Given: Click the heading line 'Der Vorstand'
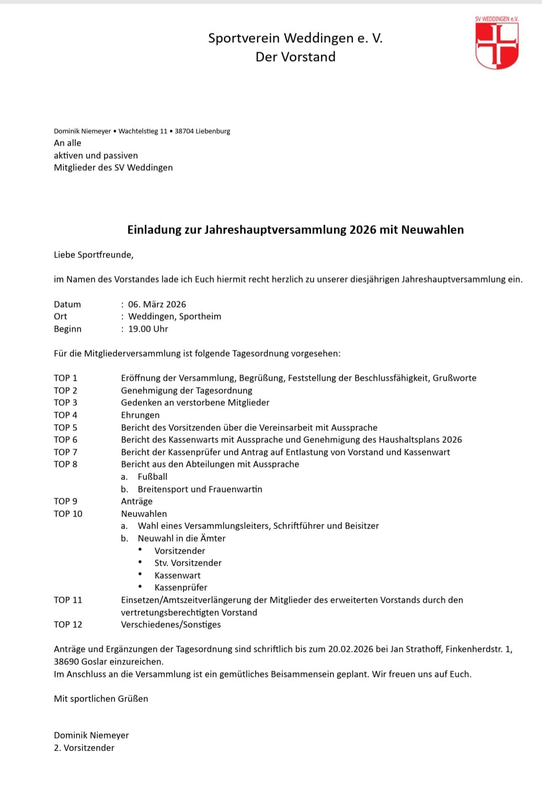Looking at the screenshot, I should tap(295, 57).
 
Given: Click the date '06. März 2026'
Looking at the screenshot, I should tap(157, 304).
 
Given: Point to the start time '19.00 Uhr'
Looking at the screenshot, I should tap(148, 329).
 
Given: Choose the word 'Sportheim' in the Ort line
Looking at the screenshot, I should tap(200, 316).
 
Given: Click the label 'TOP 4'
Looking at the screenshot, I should tap(65, 415).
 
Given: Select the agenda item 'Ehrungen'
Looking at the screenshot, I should tap(140, 415).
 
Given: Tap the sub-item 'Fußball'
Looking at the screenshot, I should tap(153, 477).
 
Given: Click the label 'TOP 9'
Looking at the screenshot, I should tap(65, 501).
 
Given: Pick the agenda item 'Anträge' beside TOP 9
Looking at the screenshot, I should tap(137, 501).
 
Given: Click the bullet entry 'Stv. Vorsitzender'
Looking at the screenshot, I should tap(188, 563).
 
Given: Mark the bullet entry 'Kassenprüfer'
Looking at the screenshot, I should tap(181, 587).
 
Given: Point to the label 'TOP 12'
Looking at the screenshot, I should tap(68, 625).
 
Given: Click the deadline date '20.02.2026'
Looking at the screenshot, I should tap(350, 649).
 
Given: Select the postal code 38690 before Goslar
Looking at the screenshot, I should tap(66, 662).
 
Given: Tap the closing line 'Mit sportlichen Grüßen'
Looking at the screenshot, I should tap(101, 699).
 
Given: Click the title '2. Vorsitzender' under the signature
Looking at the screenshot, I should tap(84, 748).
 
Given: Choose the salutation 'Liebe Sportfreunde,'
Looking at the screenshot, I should tap(94, 255).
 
